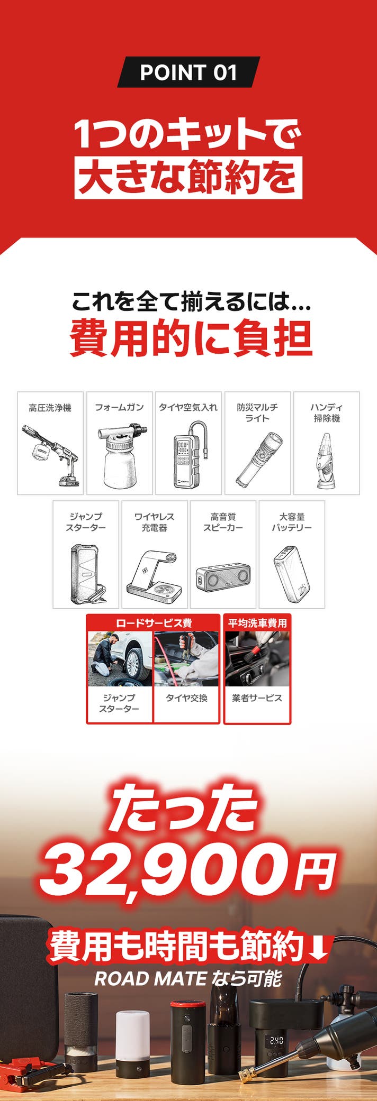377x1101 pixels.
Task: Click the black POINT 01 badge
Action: pos(188,72)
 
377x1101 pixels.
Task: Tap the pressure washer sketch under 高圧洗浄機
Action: pos(51,455)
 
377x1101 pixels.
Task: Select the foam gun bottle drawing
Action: pos(121,456)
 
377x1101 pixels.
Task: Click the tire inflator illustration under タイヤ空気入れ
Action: pos(189,454)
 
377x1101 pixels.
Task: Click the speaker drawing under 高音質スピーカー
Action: pos(223,579)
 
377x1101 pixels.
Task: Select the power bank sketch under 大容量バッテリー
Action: pos(291,574)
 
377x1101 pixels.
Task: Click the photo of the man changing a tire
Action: pos(120,659)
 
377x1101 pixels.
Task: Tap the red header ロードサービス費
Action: pos(154,623)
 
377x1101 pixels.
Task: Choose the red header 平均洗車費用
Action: pos(257,623)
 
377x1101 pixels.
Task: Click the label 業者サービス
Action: pos(257,698)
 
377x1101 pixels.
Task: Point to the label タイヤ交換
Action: pos(186,698)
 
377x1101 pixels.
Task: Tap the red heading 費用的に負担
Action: pos(191,338)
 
